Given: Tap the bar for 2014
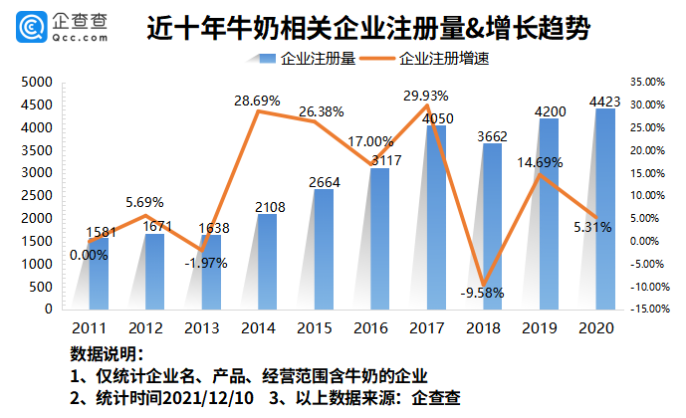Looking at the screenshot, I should [x=267, y=261].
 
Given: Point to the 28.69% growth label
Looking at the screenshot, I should [x=258, y=102].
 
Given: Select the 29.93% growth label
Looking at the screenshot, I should [x=427, y=96].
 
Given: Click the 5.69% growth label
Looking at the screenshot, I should [x=144, y=202].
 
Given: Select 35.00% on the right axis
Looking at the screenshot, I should [x=650, y=82].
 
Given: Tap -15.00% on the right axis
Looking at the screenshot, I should [x=650, y=310].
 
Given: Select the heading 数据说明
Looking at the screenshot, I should [x=107, y=355].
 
